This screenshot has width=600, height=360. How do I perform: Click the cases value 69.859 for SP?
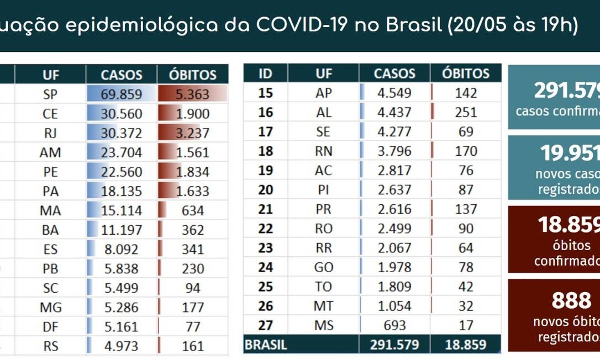[121, 94]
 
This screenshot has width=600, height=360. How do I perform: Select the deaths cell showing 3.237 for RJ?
[192, 133]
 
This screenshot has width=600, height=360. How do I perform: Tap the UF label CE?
[50, 114]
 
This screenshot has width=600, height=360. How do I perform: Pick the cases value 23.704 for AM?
[121, 152]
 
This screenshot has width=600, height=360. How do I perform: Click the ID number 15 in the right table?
[265, 93]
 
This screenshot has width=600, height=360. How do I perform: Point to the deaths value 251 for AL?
[466, 112]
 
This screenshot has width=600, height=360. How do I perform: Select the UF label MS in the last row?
[324, 325]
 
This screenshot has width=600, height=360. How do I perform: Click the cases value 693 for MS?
[394, 325]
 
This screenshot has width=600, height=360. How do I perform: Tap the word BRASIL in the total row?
[266, 345]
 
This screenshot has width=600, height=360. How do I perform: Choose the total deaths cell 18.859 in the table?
[466, 345]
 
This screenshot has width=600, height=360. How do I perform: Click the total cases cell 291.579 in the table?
[394, 345]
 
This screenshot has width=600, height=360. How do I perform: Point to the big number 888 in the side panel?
[571, 301]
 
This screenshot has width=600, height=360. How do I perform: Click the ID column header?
[265, 73]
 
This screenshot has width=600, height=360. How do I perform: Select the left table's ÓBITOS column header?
[192, 75]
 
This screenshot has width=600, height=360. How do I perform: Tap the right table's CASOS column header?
[394, 73]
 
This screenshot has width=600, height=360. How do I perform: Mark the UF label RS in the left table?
[50, 346]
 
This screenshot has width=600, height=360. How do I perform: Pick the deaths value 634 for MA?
[192, 210]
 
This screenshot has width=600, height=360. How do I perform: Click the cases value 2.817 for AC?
[394, 170]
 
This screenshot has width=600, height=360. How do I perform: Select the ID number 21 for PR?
[265, 209]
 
